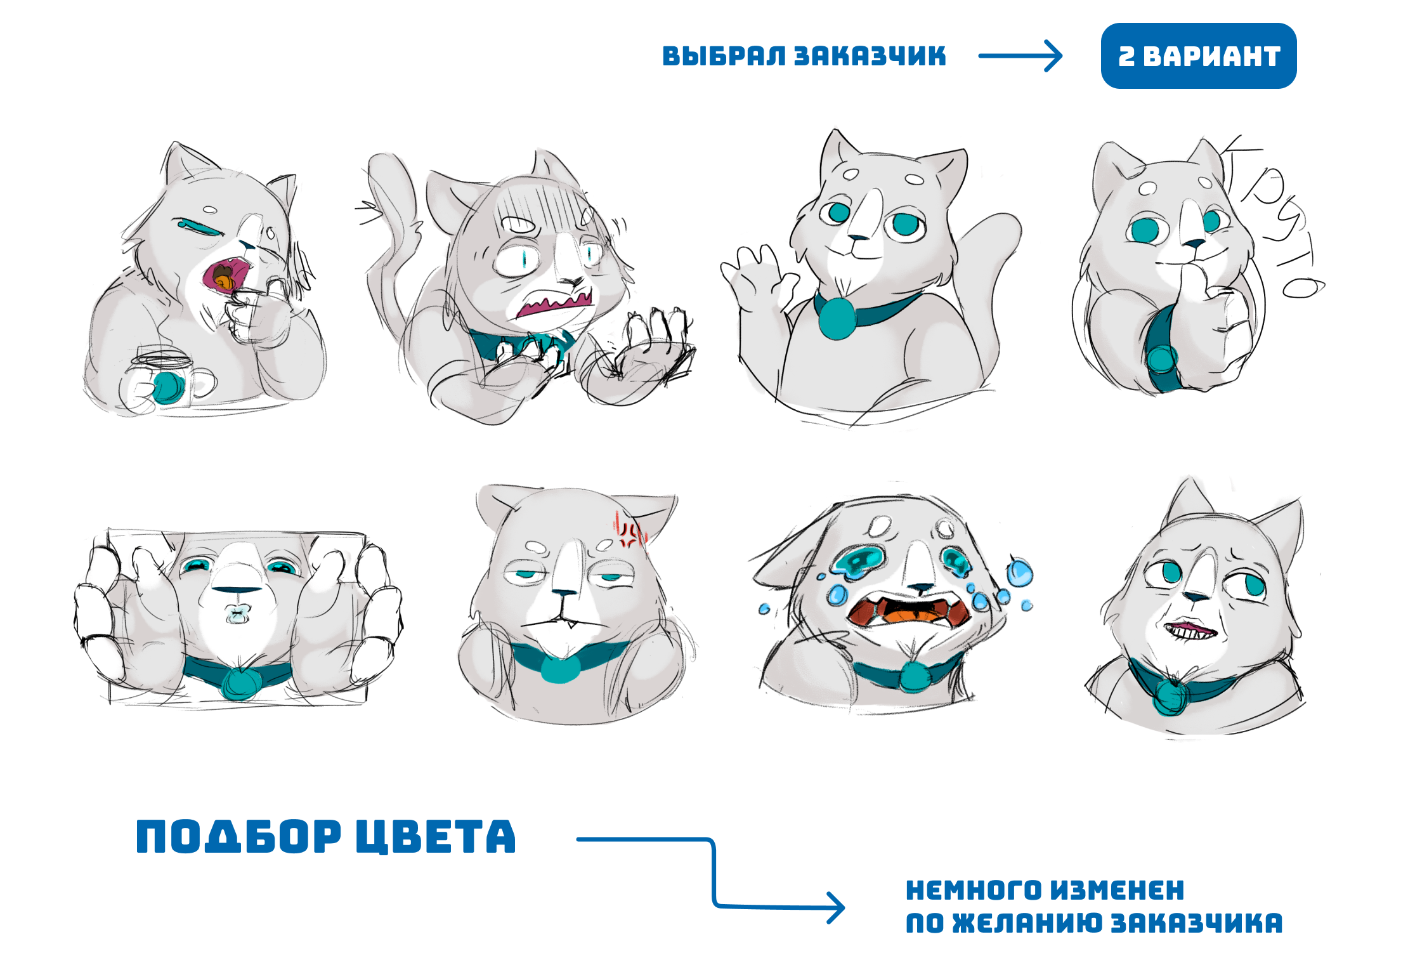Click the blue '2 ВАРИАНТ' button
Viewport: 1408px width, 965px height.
1198,56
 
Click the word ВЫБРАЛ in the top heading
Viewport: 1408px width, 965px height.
722,56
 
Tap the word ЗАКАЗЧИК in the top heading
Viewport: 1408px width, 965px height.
870,56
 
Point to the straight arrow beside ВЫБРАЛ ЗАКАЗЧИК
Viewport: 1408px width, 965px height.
1020,56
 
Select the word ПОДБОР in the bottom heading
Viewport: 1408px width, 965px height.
238,836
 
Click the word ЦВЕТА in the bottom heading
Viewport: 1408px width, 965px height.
435,836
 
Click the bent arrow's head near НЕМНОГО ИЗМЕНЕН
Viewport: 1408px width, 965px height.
836,907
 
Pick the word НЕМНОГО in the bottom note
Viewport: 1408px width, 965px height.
974,890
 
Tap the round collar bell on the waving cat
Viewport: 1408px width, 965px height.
837,318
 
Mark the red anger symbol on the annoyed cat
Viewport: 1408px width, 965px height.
629,532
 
